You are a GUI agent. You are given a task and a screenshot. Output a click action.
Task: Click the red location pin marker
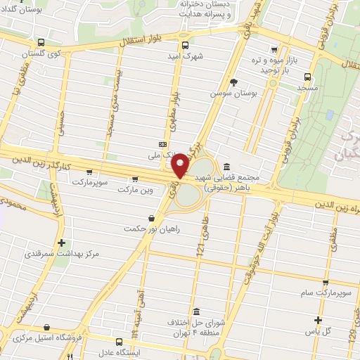[x=181, y=165]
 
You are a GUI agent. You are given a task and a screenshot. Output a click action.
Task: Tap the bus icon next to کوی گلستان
[x=40, y=41]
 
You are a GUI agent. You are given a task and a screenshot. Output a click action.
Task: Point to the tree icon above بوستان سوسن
[x=253, y=83]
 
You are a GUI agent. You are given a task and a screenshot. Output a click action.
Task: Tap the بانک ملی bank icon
[x=163, y=143]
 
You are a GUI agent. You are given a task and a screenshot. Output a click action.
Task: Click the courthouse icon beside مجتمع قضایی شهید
[x=226, y=167]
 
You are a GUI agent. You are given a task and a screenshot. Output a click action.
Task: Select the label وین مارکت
[x=135, y=190]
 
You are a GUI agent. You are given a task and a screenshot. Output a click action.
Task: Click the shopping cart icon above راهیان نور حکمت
[x=151, y=218]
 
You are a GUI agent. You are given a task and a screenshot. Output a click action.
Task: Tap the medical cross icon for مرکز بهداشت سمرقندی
[x=63, y=242]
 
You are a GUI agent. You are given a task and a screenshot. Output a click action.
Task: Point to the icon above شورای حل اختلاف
[x=195, y=311]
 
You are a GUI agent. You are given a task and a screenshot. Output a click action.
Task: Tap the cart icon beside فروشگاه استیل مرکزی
[x=46, y=327]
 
